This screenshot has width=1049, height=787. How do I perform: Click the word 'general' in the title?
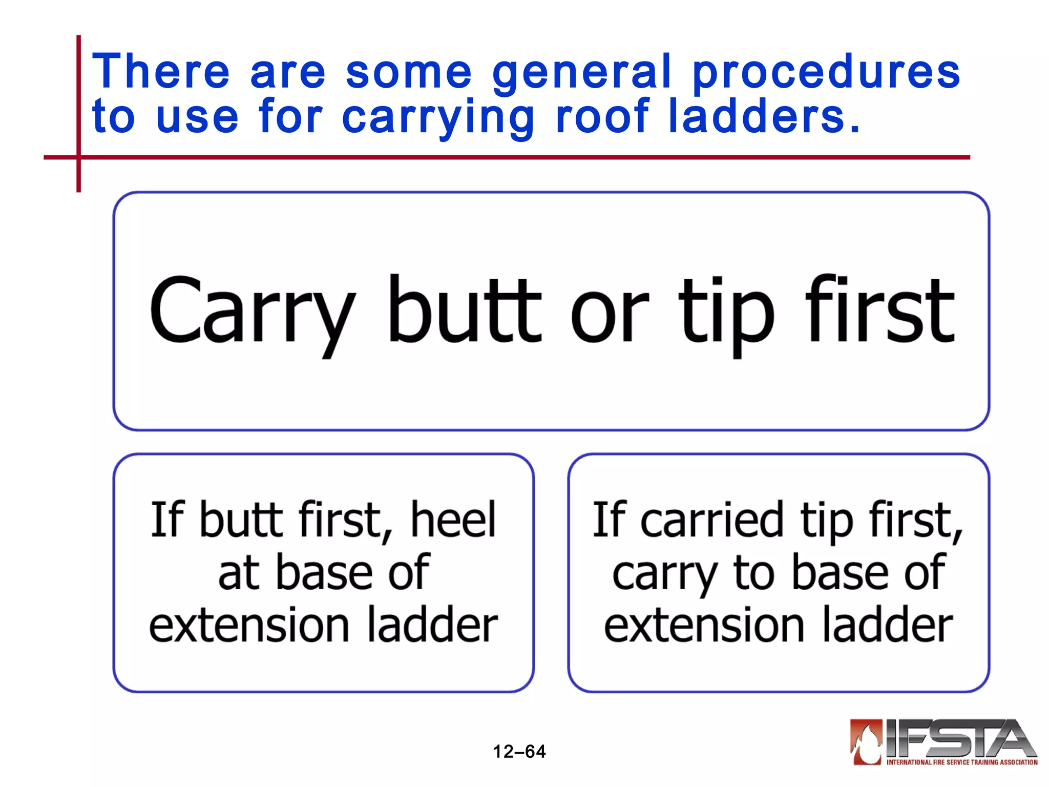(581, 72)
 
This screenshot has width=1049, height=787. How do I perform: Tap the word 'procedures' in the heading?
(826, 72)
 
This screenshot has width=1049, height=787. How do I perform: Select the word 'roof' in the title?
(602, 117)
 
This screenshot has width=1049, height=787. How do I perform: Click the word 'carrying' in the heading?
(438, 118)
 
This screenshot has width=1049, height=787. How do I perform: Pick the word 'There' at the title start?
(161, 72)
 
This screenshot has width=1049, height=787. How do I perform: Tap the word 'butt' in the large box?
(464, 309)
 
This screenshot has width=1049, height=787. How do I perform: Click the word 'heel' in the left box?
(453, 520)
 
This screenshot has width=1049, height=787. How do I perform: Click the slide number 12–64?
(519, 752)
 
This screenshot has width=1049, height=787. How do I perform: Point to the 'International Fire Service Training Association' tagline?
(961, 762)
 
